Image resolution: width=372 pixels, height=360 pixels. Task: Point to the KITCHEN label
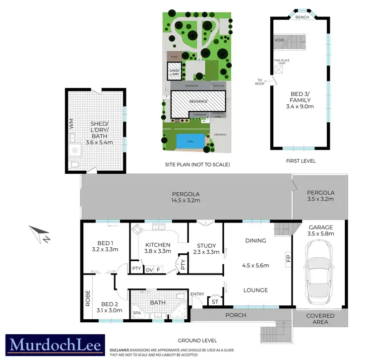[x=158, y=245]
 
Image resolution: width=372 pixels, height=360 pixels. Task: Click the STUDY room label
[x=205, y=245]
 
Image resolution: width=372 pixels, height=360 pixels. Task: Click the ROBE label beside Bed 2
[x=87, y=297]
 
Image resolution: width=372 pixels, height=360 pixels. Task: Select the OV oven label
[x=149, y=269]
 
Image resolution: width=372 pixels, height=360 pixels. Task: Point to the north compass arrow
[x=38, y=234]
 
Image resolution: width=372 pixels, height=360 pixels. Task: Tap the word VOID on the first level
[x=279, y=40]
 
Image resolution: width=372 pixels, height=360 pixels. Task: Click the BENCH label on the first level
[x=302, y=17]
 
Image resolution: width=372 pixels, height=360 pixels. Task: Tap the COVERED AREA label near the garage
[x=320, y=318]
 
